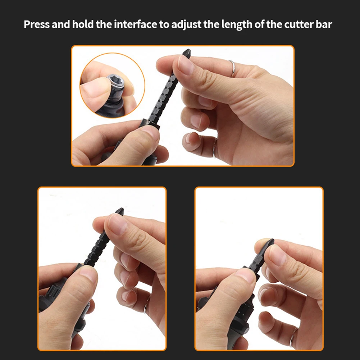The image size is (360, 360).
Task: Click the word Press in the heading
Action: (x=37, y=24)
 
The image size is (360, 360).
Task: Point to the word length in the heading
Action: (x=237, y=25)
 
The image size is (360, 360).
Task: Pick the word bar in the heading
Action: (x=324, y=24)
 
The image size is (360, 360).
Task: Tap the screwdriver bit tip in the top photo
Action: (x=187, y=53)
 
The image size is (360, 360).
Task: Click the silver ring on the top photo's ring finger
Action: (x=232, y=68)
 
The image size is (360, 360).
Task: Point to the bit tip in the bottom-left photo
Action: (x=120, y=211)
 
